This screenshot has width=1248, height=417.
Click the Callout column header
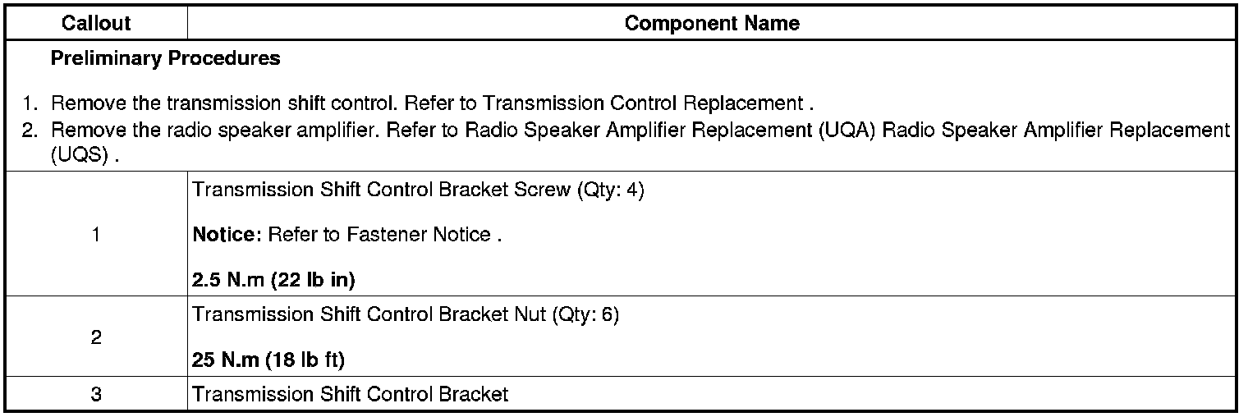(96, 24)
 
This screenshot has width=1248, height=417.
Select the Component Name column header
(711, 24)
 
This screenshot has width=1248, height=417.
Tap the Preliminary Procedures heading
(165, 59)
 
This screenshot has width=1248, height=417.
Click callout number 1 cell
(96, 236)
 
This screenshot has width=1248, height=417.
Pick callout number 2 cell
(96, 337)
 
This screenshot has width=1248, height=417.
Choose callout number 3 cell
(96, 395)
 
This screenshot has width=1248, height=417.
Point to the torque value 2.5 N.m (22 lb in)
(273, 280)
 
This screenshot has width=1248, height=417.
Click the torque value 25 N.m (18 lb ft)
(268, 360)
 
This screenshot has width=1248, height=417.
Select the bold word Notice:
(227, 235)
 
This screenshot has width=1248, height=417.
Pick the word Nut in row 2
(531, 315)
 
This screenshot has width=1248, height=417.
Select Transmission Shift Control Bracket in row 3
(351, 395)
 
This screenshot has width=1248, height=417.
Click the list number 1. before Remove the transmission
(31, 104)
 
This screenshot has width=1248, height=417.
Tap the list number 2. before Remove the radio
(31, 131)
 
